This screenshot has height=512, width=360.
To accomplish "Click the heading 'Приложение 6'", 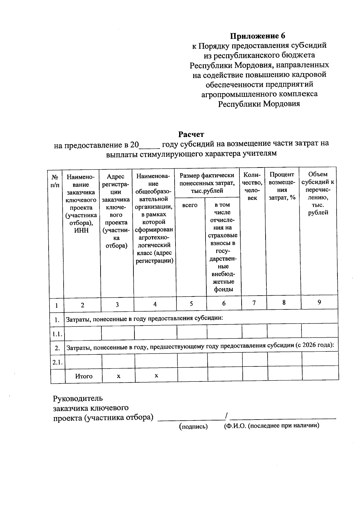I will click(x=257, y=36).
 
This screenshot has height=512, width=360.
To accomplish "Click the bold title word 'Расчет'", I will click(x=191, y=134).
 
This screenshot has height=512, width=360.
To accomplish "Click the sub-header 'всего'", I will click(x=190, y=205).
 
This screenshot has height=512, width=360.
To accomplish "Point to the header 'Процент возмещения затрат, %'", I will click(x=282, y=186).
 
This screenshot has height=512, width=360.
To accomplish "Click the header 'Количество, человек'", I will click(x=253, y=186).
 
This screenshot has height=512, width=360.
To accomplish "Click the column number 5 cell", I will click(x=191, y=304).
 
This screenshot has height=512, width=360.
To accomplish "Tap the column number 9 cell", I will click(x=319, y=302).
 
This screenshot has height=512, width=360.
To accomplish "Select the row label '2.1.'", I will click(x=57, y=362).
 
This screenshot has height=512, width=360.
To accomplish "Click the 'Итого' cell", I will click(x=84, y=376).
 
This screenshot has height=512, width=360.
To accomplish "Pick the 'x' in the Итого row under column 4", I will click(x=156, y=375).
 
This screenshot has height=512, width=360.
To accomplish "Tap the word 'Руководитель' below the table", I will click(x=78, y=399).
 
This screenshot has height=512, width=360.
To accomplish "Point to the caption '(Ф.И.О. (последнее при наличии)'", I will click(x=271, y=426).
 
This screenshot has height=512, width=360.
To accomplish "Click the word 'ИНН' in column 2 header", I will click(x=81, y=230).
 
